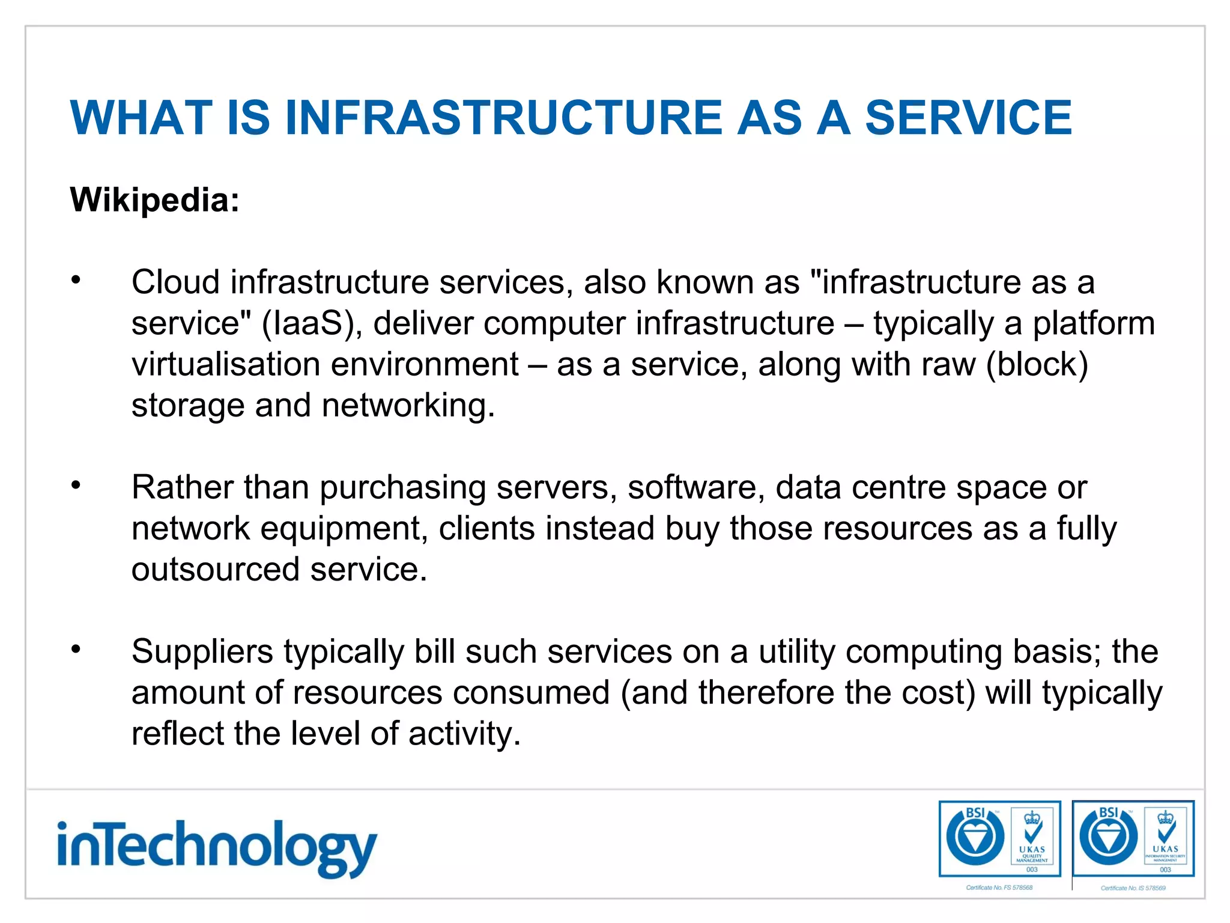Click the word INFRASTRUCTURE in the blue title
click(503, 118)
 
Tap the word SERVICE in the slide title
click(968, 118)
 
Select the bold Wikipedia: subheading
click(154, 200)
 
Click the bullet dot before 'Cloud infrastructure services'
click(76, 280)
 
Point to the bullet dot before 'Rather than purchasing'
click(76, 485)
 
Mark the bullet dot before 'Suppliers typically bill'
click(76, 649)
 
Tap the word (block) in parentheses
click(1037, 364)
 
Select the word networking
click(408, 406)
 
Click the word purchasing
click(402, 487)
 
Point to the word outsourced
click(215, 569)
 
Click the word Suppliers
click(202, 652)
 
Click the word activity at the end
click(464, 734)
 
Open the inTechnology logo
click(217, 847)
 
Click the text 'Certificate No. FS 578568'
click(999, 888)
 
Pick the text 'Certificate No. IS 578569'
click(1133, 888)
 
